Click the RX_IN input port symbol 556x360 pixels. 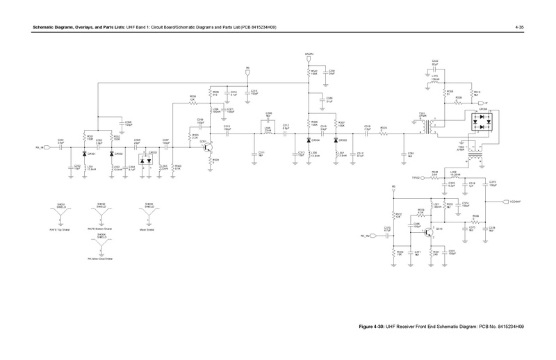[x=47, y=147]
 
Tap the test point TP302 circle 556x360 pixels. [x=425, y=179]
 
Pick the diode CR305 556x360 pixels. [x=336, y=139]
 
